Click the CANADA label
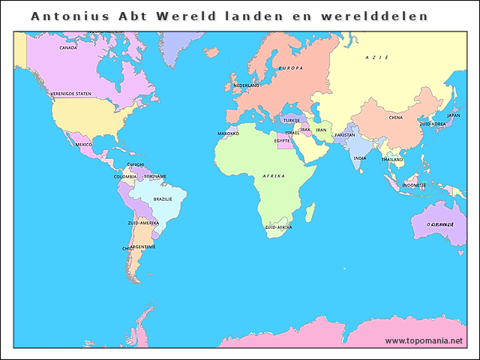(x=68, y=47)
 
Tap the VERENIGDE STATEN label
(x=71, y=94)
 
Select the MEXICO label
(x=83, y=144)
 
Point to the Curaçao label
(x=136, y=164)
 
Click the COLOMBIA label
(x=125, y=177)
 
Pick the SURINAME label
(x=154, y=177)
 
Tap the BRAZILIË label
(x=163, y=199)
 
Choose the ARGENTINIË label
(x=142, y=247)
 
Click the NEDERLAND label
(x=246, y=85)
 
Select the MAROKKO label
(x=228, y=133)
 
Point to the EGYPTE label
(x=282, y=140)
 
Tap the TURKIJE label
(x=291, y=120)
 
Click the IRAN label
(x=321, y=130)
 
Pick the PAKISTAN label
(x=344, y=135)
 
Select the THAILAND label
(x=391, y=159)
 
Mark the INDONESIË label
(x=414, y=184)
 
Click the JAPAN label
(x=453, y=115)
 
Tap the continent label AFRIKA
(x=274, y=175)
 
